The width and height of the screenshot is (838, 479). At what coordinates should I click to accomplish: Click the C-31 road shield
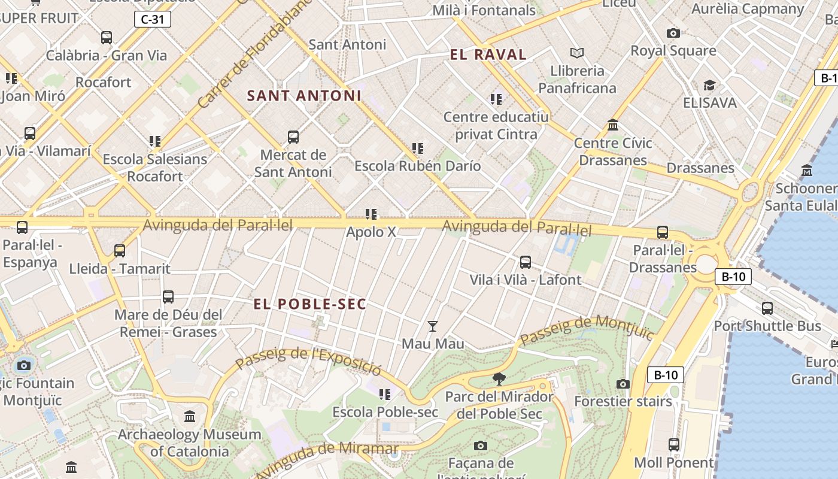click(152, 19)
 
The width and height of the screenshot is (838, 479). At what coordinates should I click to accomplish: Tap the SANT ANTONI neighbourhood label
click(304, 96)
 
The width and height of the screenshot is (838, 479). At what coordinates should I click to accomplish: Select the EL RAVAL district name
click(488, 55)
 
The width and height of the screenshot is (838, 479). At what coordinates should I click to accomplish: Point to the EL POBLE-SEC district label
click(309, 304)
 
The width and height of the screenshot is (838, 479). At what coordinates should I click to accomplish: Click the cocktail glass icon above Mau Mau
click(433, 326)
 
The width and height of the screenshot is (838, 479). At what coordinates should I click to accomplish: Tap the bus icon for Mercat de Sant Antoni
click(293, 137)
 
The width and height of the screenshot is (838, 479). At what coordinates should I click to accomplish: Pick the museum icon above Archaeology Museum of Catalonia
click(190, 416)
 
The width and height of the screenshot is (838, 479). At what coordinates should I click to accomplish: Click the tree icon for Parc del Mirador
click(499, 378)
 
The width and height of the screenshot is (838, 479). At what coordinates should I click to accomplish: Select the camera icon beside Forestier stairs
click(623, 384)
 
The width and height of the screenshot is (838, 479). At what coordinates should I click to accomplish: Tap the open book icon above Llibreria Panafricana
click(577, 53)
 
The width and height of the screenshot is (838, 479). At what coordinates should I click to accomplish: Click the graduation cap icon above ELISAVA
click(709, 86)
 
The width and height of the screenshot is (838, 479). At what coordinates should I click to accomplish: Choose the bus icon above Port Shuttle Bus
click(767, 308)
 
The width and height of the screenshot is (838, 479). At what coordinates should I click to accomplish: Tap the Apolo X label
click(371, 232)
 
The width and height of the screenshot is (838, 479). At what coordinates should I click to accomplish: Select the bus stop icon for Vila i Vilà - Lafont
click(525, 262)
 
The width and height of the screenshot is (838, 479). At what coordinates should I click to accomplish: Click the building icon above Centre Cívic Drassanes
click(613, 125)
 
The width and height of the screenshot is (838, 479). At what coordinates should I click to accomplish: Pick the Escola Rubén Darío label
click(418, 166)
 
